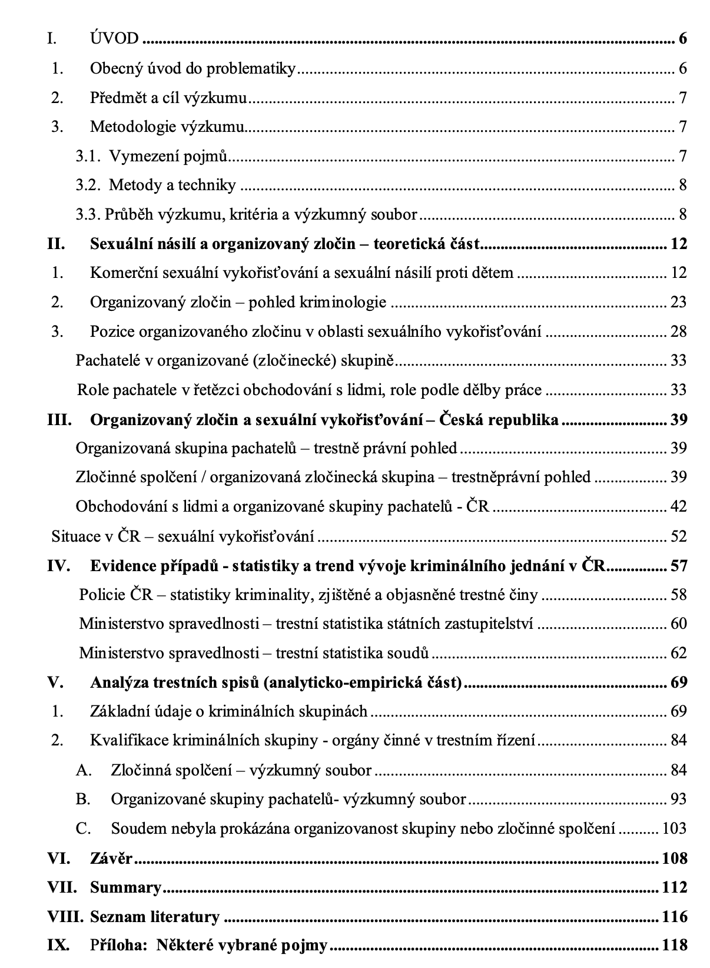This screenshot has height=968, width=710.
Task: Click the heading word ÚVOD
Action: tap(114, 39)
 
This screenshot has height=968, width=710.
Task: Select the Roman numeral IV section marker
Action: tap(58, 566)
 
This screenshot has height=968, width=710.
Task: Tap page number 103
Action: tap(674, 828)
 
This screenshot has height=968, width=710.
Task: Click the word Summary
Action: tap(125, 887)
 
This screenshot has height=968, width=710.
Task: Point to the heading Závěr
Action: tap(111, 858)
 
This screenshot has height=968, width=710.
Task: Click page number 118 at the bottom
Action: tap(674, 946)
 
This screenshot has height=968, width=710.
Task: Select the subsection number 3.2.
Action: tap(88, 185)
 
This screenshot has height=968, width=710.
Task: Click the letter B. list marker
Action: tap(83, 799)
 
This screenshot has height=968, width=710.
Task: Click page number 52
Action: tap(678, 536)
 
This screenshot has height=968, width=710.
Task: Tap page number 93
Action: tap(678, 799)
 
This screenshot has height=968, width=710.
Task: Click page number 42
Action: tap(678, 506)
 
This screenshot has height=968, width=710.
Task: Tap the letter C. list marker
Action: tap(83, 828)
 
